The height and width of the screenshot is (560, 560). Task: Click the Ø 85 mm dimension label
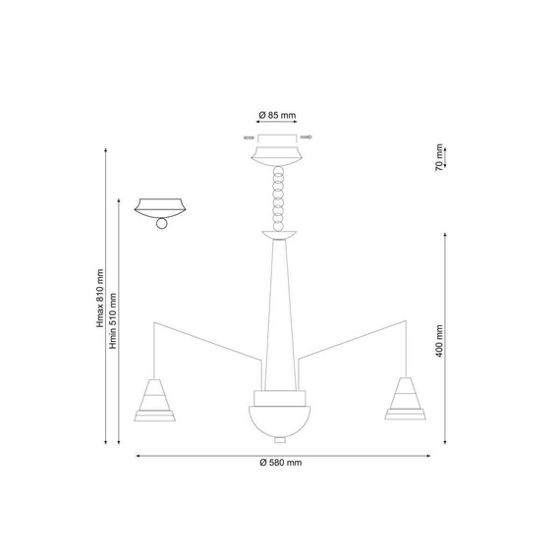point(277,115)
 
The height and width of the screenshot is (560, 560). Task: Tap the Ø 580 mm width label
point(281,463)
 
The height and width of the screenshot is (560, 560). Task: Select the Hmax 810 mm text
point(100,299)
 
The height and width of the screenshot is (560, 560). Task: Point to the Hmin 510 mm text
point(113,320)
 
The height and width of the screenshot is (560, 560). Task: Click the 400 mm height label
point(439,341)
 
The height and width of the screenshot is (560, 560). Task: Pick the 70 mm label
point(439,157)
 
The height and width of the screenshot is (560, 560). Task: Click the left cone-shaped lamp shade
point(154,400)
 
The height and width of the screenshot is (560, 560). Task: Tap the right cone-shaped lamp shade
point(405,398)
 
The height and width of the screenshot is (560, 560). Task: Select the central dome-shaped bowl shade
point(280,421)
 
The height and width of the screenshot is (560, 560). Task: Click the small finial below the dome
point(280,440)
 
